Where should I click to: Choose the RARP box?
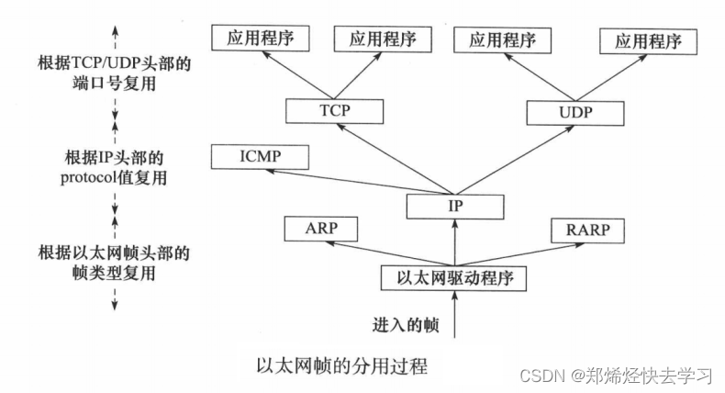[x=588, y=229]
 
